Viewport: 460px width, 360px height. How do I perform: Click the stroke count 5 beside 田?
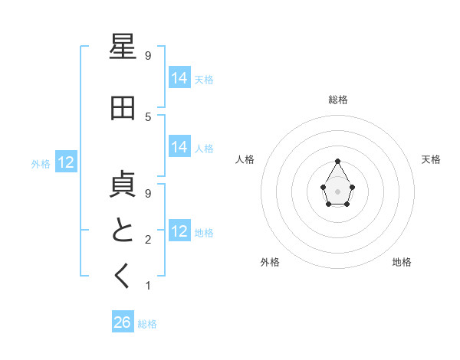click(x=148, y=116)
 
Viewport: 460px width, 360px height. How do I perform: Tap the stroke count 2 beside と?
click(x=148, y=240)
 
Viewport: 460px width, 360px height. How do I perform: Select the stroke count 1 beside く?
click(x=148, y=286)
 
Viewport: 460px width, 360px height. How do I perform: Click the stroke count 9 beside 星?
click(x=148, y=55)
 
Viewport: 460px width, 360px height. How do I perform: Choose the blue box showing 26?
click(x=123, y=322)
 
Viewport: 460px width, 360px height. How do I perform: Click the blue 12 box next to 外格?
click(x=66, y=162)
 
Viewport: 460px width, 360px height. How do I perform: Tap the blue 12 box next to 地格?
click(x=179, y=231)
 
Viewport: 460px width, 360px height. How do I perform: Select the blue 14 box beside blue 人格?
click(x=179, y=147)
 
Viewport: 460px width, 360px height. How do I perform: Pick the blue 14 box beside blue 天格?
click(x=179, y=78)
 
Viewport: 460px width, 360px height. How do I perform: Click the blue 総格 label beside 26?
click(x=147, y=324)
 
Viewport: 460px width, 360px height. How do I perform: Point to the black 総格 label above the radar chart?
click(x=337, y=100)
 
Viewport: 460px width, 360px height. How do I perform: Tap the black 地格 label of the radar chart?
click(x=402, y=262)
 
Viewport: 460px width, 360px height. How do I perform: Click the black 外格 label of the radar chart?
click(x=270, y=262)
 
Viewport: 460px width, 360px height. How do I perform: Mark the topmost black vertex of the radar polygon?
click(x=337, y=161)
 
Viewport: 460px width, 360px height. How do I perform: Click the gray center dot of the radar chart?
click(x=337, y=191)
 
